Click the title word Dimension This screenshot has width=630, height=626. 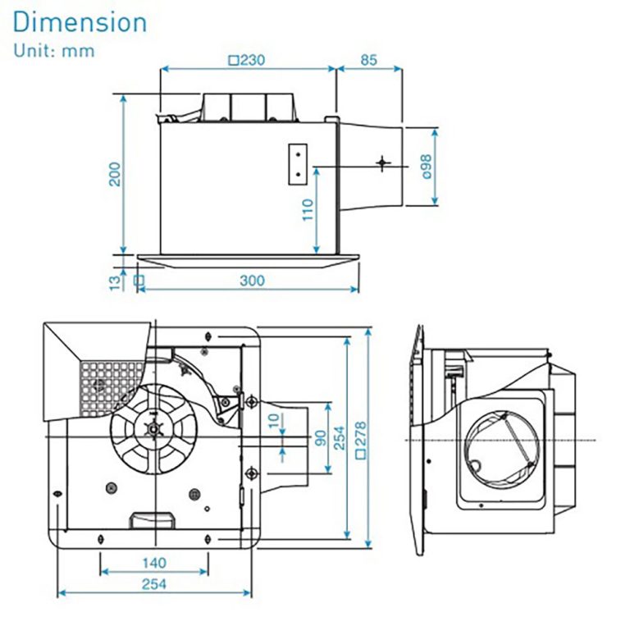[x=80, y=22]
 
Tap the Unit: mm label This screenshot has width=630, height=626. [x=53, y=51]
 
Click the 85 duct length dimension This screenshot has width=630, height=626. [x=368, y=60]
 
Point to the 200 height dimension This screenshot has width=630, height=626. [x=115, y=173]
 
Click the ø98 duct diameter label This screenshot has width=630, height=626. [x=426, y=167]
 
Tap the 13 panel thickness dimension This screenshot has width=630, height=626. [x=115, y=281]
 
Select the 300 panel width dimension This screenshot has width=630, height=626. [x=252, y=281]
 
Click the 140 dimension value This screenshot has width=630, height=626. [x=153, y=563]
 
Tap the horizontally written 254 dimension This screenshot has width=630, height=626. [x=153, y=584]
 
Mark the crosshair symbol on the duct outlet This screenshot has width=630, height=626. [x=382, y=162]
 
